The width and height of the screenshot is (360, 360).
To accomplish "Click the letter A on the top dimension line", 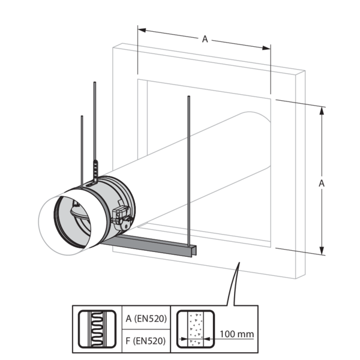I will pos(205,39).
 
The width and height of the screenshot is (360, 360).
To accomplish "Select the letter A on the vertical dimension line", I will pos(322,181).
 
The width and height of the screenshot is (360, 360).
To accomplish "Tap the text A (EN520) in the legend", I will pos(144,319).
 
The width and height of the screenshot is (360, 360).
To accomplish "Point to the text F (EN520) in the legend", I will pos(144,340).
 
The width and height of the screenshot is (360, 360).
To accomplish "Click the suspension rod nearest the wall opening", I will pos(189,168).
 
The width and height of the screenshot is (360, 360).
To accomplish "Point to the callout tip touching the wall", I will pos(239,265).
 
